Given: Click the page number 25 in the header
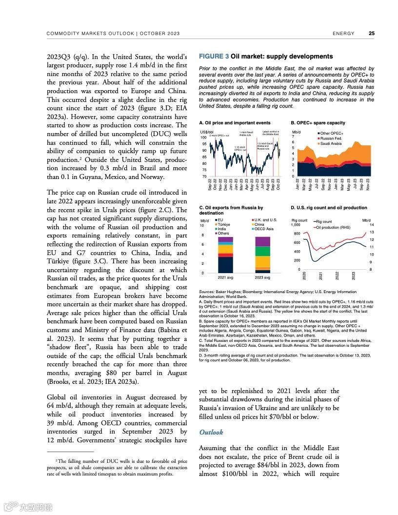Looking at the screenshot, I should pos(371,34).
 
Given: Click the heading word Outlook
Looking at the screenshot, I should pos(211,432).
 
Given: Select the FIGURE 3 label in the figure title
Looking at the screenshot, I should pos(214,57).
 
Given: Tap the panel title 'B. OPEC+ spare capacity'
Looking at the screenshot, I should pos(318,123).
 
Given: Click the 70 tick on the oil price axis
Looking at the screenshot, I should pos(204,176).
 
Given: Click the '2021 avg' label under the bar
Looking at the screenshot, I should pos(226,277).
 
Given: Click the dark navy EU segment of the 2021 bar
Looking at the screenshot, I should pos(225,265).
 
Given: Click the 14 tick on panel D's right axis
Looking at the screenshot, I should pos(372,224).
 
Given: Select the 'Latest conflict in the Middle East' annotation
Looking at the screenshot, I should pos(270,133).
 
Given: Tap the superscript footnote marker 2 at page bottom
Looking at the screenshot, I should pos(56,460).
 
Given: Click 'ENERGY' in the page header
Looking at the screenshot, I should pos(343,34).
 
